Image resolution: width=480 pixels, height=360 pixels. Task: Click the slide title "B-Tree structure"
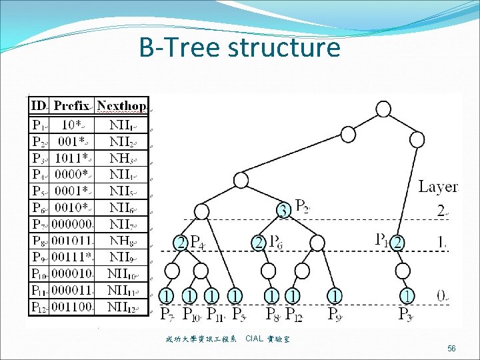click(239, 48)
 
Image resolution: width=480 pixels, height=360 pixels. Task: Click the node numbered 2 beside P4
click(181, 242)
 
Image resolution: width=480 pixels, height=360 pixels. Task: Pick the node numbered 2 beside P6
click(259, 242)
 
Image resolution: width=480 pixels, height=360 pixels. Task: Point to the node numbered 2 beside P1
click(398, 242)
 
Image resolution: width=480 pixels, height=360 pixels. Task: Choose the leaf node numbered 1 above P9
click(335, 294)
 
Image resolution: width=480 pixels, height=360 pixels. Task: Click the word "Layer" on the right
click(438, 187)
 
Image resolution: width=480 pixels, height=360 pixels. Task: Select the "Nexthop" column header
click(121, 105)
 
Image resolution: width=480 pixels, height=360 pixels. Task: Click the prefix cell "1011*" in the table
click(72, 157)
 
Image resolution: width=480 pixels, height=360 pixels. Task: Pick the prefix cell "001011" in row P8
click(73, 239)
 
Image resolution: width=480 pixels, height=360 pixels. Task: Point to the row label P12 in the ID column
click(39, 307)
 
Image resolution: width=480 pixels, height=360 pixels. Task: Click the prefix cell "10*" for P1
click(72, 125)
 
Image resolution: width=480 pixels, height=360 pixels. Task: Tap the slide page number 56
click(452, 349)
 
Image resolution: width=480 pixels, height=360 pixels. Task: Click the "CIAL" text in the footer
click(254, 339)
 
